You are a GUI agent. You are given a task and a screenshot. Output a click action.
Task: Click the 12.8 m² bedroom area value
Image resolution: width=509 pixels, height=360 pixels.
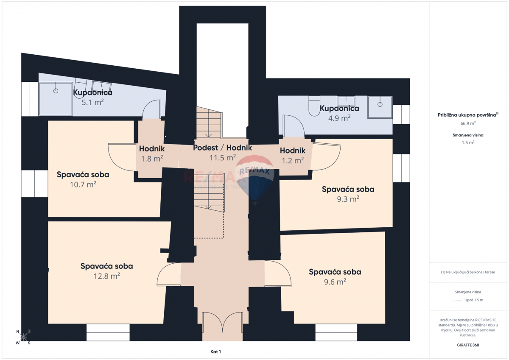click(106, 276)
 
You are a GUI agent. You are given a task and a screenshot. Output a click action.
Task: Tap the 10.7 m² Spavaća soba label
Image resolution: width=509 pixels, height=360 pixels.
click(83, 174)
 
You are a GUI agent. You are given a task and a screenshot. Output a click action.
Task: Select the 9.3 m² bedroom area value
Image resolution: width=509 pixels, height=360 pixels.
click(348, 199)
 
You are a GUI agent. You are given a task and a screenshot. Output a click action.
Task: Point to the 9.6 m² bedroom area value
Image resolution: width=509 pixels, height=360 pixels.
click(335, 282)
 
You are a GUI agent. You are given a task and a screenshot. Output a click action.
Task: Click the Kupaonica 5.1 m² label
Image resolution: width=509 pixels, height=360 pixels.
click(92, 92)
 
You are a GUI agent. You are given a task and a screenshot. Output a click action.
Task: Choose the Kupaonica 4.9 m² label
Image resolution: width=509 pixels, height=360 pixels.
click(339, 108)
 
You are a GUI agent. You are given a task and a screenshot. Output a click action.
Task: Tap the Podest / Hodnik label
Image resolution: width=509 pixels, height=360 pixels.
click(222, 148)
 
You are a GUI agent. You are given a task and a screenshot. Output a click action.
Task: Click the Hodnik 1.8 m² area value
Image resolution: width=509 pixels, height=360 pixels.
click(152, 159)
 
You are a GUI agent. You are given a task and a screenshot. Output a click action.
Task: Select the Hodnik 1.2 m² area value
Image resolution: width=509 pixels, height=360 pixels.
click(292, 160)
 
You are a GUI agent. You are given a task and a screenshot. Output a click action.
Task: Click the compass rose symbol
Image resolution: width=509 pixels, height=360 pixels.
click(23, 337)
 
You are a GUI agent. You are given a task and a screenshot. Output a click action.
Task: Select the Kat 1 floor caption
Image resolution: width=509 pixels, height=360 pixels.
click(215, 352)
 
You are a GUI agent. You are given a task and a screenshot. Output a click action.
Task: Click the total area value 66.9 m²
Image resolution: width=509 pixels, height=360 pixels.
click(468, 123)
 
